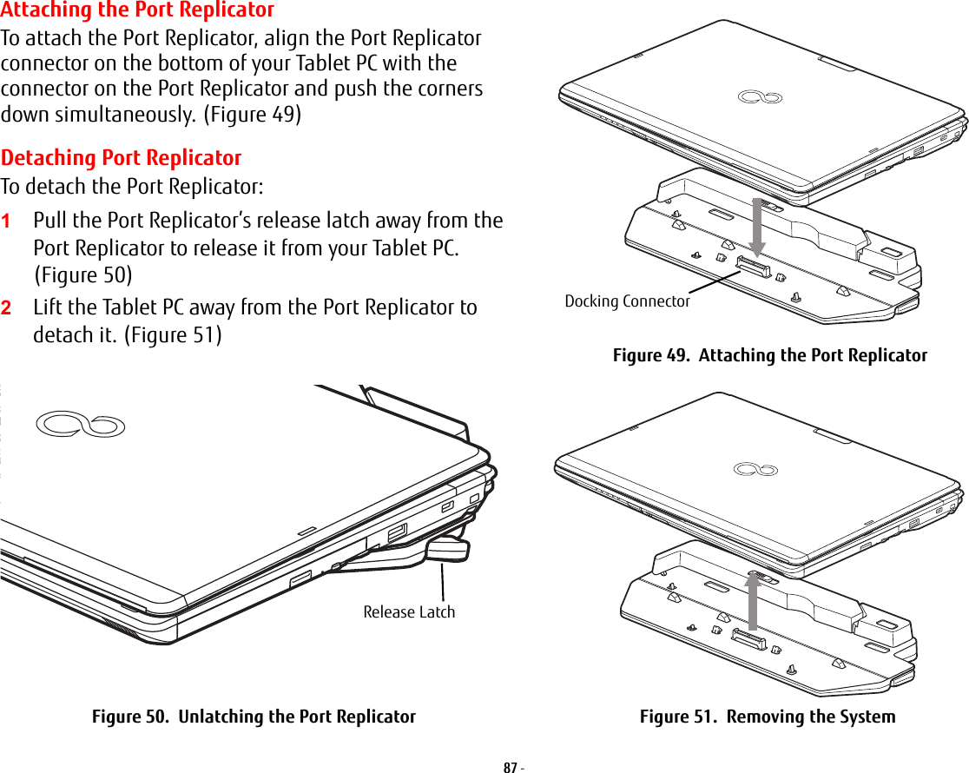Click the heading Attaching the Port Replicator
[137, 10]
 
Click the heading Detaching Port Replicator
[122, 158]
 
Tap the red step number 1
[6, 221]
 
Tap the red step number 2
[6, 308]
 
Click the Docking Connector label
[627, 301]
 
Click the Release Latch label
[409, 611]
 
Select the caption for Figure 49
[769, 355]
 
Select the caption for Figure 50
[254, 717]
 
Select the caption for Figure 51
[767, 717]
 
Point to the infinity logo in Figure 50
[81, 425]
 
